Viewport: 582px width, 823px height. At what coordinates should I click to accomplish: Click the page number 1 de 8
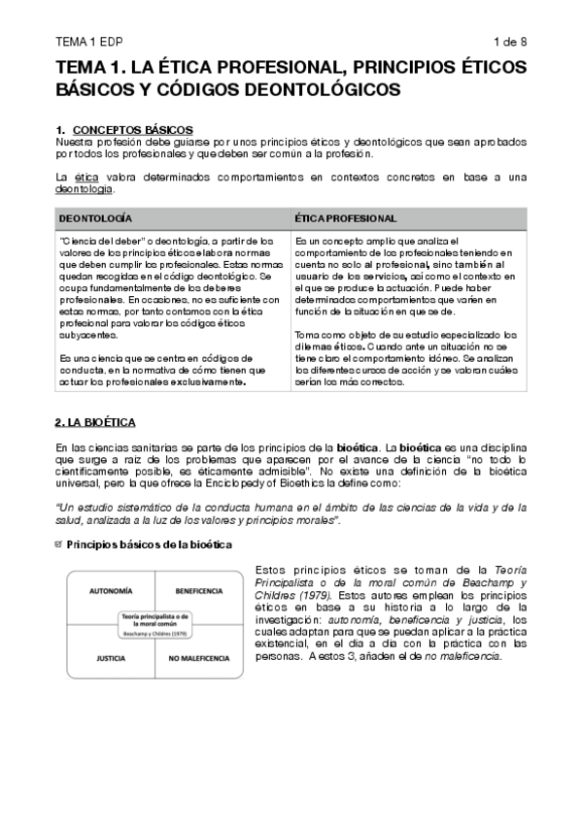(509, 42)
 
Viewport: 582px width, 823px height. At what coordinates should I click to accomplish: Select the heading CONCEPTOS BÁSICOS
(133, 129)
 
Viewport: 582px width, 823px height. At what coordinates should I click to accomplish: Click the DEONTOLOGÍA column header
(96, 218)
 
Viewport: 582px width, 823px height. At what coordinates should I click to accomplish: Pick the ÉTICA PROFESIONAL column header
(346, 218)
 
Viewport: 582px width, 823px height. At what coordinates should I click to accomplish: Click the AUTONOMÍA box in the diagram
(111, 590)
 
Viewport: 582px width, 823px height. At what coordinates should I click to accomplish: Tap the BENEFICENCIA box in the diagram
(200, 590)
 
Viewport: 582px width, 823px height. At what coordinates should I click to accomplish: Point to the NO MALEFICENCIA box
(199, 657)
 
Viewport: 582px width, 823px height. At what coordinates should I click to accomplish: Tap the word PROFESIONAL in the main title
(259, 67)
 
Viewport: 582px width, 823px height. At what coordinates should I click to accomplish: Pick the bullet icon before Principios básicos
(59, 544)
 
